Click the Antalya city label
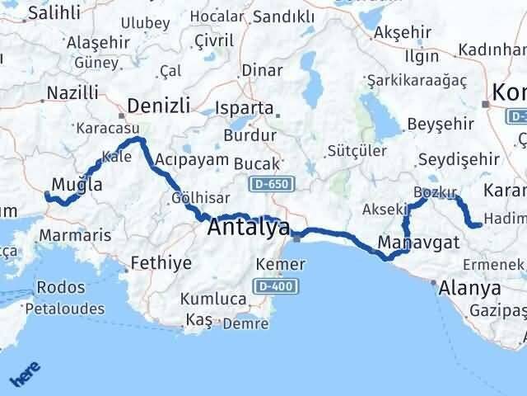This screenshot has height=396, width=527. [x=249, y=227]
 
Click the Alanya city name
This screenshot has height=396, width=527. [x=470, y=289]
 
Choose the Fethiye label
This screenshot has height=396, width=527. [x=161, y=264]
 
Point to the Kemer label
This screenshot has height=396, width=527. [x=281, y=265]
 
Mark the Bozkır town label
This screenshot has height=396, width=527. [x=435, y=192]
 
